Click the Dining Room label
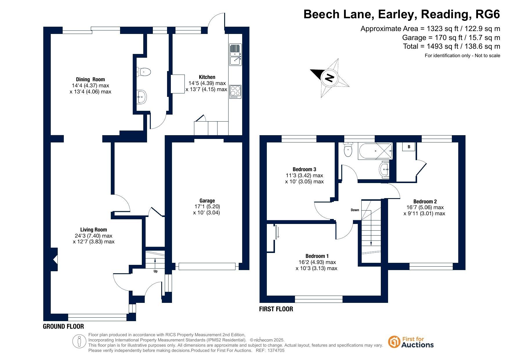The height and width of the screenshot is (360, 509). (x=90, y=79)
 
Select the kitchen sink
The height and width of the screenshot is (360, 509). (x=235, y=54)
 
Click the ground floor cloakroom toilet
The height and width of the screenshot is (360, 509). (x=144, y=72)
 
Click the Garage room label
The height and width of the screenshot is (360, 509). (x=207, y=200)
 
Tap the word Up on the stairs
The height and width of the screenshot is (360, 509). (x=155, y=272)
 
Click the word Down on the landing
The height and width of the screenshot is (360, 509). (x=355, y=210)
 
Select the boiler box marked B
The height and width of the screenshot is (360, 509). (x=409, y=146)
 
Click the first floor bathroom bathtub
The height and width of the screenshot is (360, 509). (x=376, y=151)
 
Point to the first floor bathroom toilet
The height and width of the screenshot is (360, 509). (x=348, y=149)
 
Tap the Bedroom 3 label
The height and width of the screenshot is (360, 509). (x=304, y=169)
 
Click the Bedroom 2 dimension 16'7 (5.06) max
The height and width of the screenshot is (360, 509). (x=425, y=207)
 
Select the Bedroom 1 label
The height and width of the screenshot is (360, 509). (x=317, y=256)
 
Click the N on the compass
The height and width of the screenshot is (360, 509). (x=329, y=78)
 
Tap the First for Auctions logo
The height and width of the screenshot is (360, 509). (x=411, y=342)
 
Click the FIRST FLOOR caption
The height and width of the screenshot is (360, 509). (x=276, y=309)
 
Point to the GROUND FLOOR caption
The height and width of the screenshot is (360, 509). (x=64, y=327)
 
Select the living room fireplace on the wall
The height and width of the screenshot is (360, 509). (x=54, y=259)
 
